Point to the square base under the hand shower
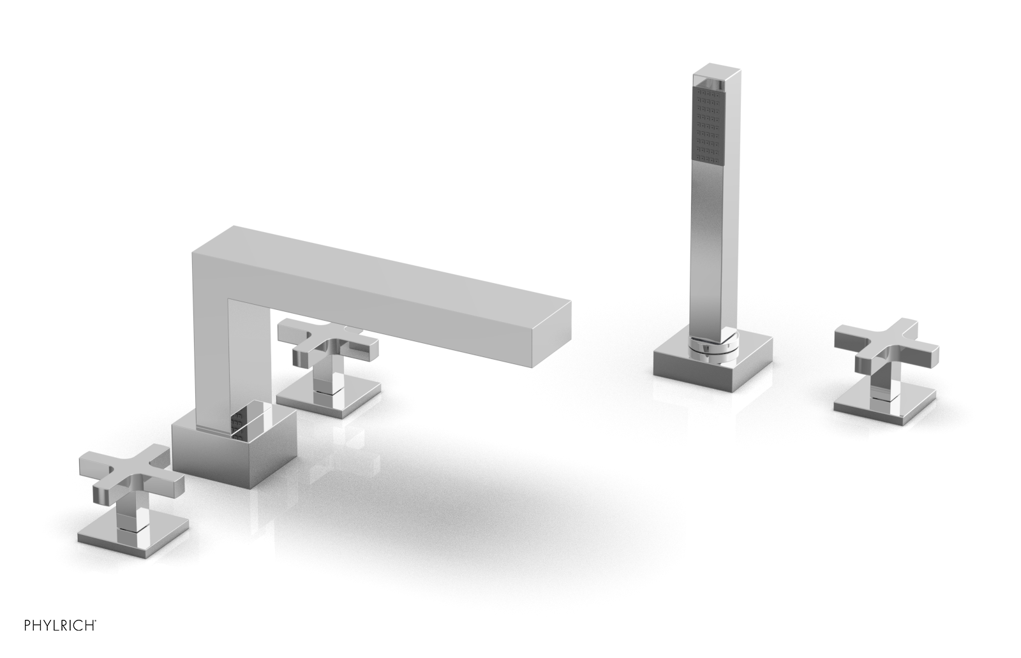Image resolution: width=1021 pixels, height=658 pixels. click(712, 360)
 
